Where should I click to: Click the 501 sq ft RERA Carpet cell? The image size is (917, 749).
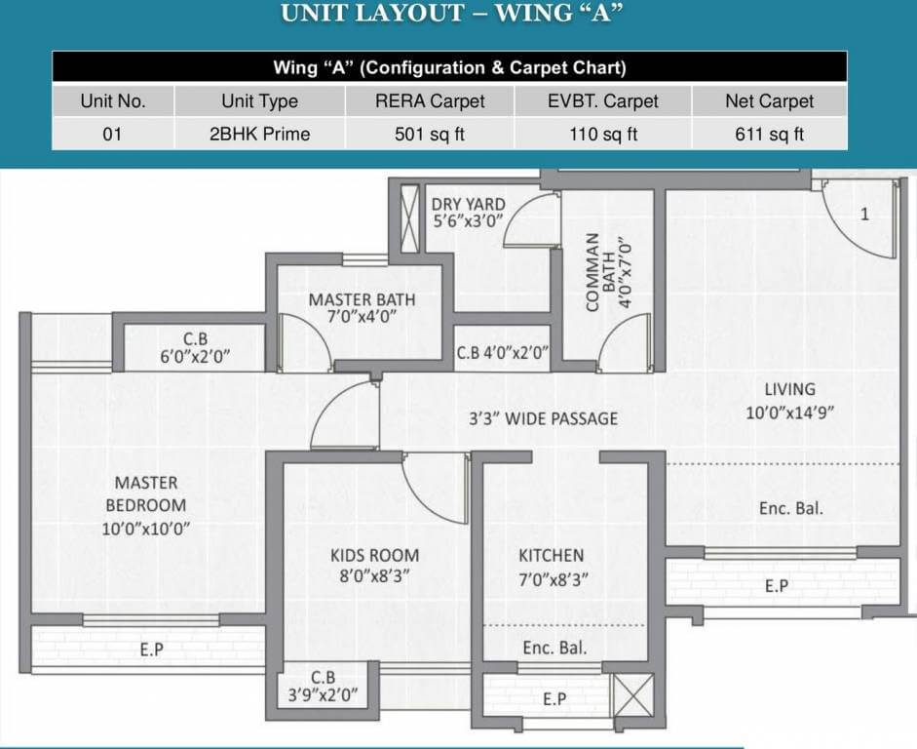click(x=429, y=134)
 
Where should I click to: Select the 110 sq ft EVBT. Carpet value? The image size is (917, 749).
click(x=603, y=134)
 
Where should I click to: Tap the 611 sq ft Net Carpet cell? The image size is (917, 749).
click(x=770, y=134)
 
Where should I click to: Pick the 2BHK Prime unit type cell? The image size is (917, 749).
click(x=259, y=134)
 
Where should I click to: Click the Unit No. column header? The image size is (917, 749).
click(x=113, y=101)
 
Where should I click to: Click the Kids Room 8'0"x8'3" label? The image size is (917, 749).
click(x=375, y=566)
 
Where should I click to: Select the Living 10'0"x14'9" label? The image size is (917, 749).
click(x=789, y=401)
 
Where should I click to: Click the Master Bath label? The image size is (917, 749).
click(x=362, y=308)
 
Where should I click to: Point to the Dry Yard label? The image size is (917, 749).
click(x=469, y=213)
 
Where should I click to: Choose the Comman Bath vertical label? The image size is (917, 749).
click(x=609, y=272)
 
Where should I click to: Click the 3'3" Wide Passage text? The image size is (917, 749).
click(x=544, y=419)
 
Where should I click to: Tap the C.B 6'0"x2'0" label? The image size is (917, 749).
click(x=195, y=347)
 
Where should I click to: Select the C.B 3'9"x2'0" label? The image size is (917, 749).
click(x=323, y=687)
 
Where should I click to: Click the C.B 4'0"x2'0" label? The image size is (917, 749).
click(x=503, y=353)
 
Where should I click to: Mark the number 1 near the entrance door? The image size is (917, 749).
click(x=864, y=215)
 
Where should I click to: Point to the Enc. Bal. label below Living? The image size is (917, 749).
click(x=790, y=508)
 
